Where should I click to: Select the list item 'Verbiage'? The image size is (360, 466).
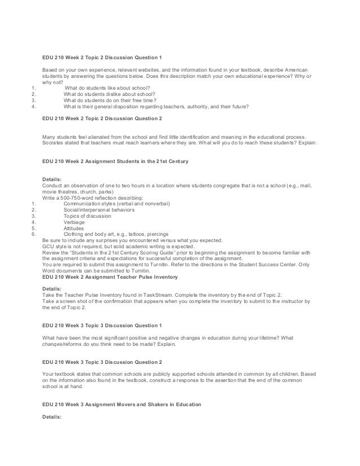pos(76,222)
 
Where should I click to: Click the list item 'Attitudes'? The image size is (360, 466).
pos(75,229)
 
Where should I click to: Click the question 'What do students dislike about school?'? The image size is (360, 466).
pos(113,94)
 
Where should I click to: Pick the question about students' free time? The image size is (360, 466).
pos(109,100)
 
